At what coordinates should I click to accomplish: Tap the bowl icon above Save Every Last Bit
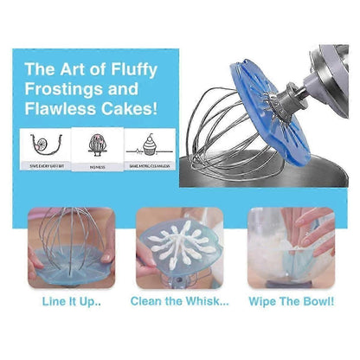(36, 144)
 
